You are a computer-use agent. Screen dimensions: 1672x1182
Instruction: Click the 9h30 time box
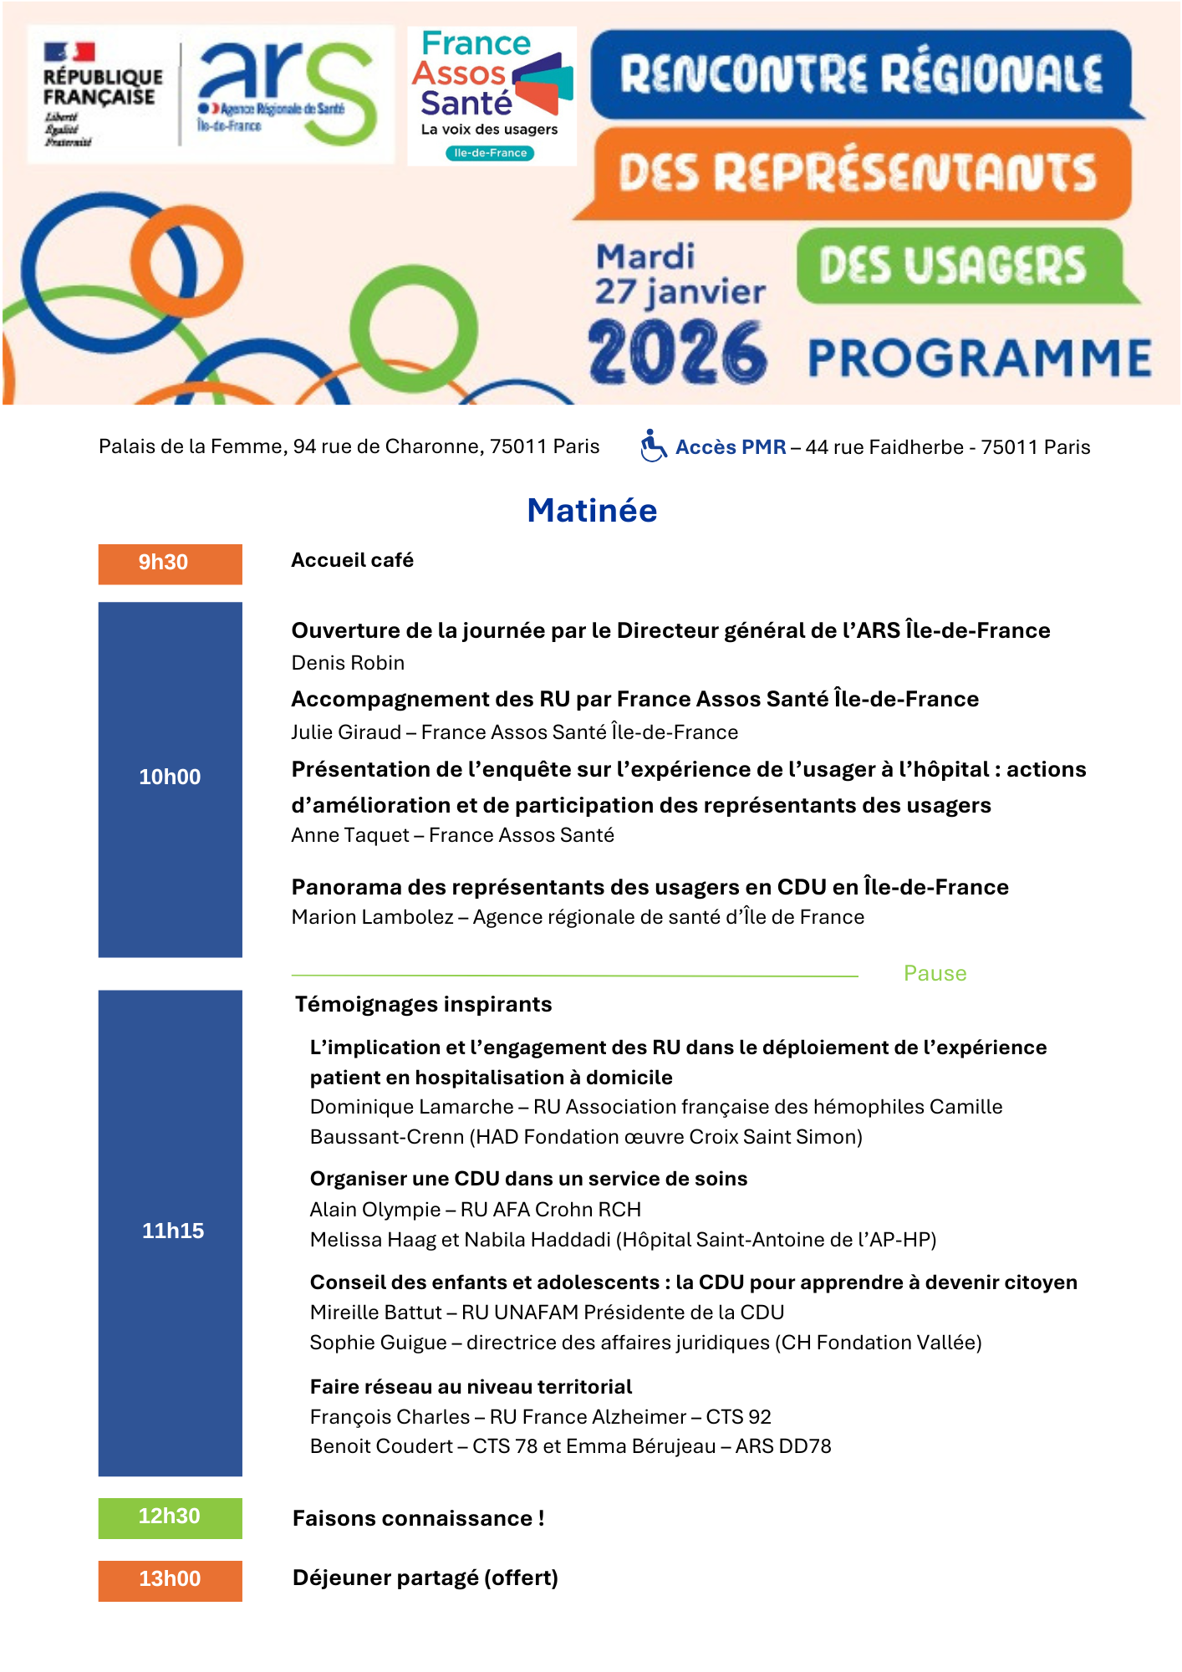170,563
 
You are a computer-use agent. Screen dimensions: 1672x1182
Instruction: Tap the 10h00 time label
170,777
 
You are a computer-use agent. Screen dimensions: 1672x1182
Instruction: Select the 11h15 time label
172,1231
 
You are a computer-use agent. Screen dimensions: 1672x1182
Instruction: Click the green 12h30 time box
170,1517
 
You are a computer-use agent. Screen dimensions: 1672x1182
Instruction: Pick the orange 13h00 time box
170,1579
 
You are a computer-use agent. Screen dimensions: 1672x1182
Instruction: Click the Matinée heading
592,510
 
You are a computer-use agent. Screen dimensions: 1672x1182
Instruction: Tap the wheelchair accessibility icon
653,446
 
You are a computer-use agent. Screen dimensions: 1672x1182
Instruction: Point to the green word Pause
935,973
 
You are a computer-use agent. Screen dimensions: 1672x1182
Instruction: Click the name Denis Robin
348,663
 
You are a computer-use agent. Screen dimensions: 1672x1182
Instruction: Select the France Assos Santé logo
492,95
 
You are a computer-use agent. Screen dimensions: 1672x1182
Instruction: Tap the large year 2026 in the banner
677,353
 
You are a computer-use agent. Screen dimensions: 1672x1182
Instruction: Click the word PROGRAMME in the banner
979,358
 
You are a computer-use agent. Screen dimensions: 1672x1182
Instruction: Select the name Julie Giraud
346,732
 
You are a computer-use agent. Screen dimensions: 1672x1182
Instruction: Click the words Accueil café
352,560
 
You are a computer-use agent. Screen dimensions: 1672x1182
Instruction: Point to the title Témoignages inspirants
423,1004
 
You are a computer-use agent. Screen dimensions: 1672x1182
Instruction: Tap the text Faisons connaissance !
418,1518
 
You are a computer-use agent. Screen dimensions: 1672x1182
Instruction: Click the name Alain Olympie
374,1210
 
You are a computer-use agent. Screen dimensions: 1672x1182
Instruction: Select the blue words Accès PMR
730,447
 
